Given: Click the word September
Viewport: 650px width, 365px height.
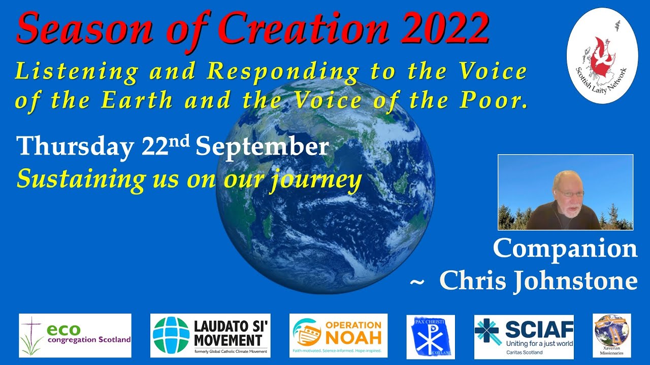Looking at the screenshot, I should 262,148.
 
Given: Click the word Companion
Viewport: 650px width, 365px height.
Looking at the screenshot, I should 565,248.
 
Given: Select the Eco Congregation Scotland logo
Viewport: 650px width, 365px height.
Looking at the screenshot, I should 75,335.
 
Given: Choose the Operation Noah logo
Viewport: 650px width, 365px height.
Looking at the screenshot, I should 338,335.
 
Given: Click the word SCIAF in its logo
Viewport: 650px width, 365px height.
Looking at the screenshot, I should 539,330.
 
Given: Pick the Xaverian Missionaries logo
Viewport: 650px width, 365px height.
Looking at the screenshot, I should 611,335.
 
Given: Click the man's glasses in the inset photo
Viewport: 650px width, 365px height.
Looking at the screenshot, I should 569,193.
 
